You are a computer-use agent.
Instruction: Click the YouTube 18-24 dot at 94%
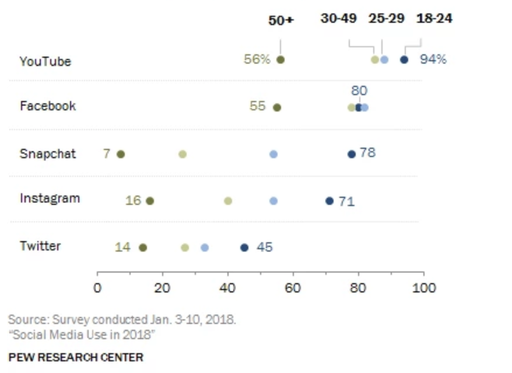(x=404, y=60)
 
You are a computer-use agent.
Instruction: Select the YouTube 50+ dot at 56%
(x=280, y=60)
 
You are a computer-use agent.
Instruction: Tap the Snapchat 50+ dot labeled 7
(x=121, y=154)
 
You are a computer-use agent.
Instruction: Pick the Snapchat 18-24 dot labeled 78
(x=351, y=154)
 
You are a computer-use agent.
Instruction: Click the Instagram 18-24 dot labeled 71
(x=329, y=201)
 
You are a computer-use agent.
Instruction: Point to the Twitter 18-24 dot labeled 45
(x=244, y=247)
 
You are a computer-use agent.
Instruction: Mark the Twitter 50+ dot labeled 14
(x=143, y=247)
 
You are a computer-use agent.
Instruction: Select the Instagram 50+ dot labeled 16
(x=150, y=201)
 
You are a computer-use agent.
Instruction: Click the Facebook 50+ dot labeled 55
(x=277, y=107)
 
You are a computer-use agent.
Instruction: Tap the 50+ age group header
(x=281, y=20)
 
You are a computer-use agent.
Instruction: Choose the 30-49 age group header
(x=338, y=18)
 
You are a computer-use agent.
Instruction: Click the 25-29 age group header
(x=386, y=18)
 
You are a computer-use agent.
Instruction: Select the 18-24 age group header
(x=434, y=18)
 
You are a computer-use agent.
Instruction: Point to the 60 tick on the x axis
(x=293, y=288)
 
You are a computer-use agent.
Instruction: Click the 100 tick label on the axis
(x=423, y=288)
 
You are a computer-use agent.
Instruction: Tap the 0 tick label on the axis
(x=97, y=288)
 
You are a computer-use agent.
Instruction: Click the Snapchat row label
(x=48, y=154)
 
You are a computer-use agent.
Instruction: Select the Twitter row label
(x=40, y=246)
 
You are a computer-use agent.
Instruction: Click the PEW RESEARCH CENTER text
(x=76, y=357)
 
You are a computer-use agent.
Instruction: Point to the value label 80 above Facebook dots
(x=359, y=90)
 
